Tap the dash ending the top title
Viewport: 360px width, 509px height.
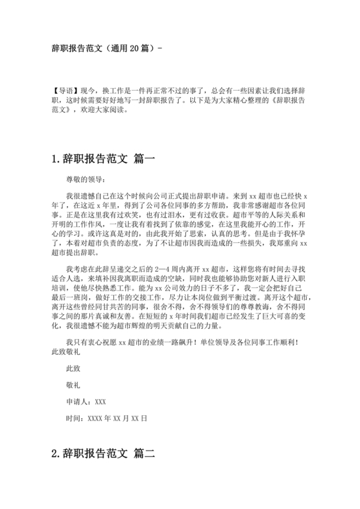[160, 48]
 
